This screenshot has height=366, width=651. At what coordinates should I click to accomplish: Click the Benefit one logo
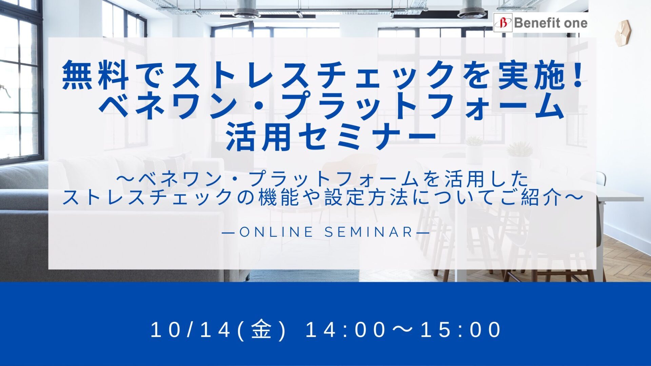pos(540,23)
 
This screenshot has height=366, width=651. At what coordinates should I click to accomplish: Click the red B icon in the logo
pos(502,23)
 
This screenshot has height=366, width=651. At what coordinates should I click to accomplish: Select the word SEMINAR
pos(369,232)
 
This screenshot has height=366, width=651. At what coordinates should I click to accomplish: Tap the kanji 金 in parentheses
pos(261,330)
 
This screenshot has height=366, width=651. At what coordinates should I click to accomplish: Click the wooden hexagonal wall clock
pos(623,33)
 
